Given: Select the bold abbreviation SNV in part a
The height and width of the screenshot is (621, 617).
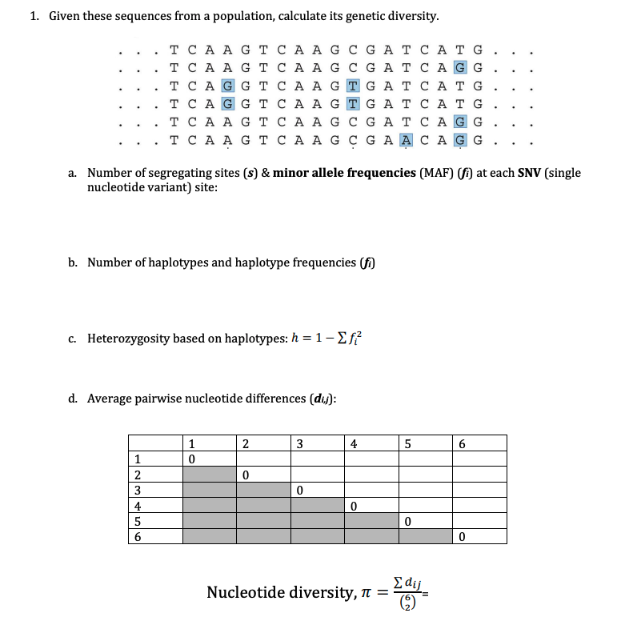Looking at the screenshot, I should point(523,173).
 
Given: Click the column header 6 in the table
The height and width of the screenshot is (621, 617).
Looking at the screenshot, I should point(463,443).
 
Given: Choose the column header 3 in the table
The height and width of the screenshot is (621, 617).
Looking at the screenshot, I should point(299,443).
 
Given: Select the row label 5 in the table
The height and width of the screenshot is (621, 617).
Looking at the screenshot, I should point(138,522).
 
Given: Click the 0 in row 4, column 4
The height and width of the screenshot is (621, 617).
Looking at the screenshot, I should point(354,506).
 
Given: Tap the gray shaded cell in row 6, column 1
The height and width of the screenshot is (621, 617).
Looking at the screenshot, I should point(209,537).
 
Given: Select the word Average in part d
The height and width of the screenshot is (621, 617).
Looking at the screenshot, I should point(110,398).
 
